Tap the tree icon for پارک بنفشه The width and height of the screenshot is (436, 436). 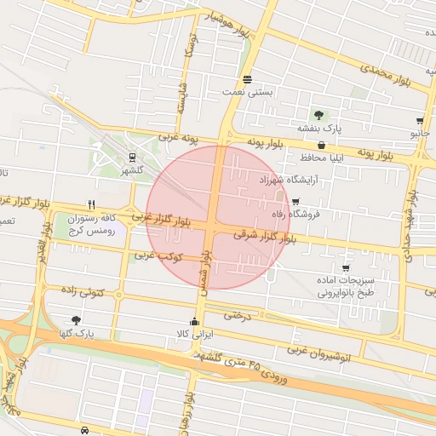point(318,115)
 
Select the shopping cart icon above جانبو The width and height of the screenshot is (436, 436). point(420,121)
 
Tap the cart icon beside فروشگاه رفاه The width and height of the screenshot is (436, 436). point(295,202)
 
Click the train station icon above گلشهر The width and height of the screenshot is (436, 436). point(132,157)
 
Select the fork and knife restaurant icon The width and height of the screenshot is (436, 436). point(91,205)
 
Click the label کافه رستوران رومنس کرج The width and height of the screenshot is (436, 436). point(94,225)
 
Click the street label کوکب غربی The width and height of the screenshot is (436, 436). point(153,255)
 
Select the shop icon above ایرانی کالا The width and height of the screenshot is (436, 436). point(195,322)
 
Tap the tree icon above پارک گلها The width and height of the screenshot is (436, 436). point(78,321)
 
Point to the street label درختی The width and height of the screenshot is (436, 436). point(238,315)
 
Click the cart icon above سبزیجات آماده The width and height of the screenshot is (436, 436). point(368,268)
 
